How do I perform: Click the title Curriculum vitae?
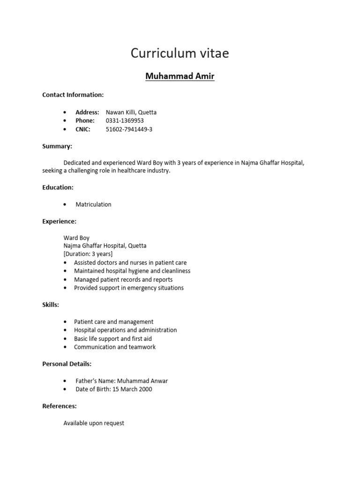click(x=180, y=53)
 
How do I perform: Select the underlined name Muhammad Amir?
click(x=180, y=76)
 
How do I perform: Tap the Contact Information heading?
click(x=73, y=95)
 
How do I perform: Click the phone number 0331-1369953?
click(x=125, y=120)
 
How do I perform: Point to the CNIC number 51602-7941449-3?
click(x=129, y=129)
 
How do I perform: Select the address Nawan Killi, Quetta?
click(x=131, y=112)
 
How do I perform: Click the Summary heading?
click(x=57, y=146)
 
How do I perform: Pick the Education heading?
click(x=58, y=187)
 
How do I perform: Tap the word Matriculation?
click(x=94, y=204)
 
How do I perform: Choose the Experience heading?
click(x=59, y=221)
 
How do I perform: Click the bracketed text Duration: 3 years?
click(x=88, y=254)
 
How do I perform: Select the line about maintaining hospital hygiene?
click(x=132, y=271)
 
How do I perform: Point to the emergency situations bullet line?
click(x=129, y=288)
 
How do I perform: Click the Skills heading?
click(x=51, y=305)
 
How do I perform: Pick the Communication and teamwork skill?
click(x=115, y=347)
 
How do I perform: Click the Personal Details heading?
click(x=67, y=364)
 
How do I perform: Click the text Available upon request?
click(x=94, y=423)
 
